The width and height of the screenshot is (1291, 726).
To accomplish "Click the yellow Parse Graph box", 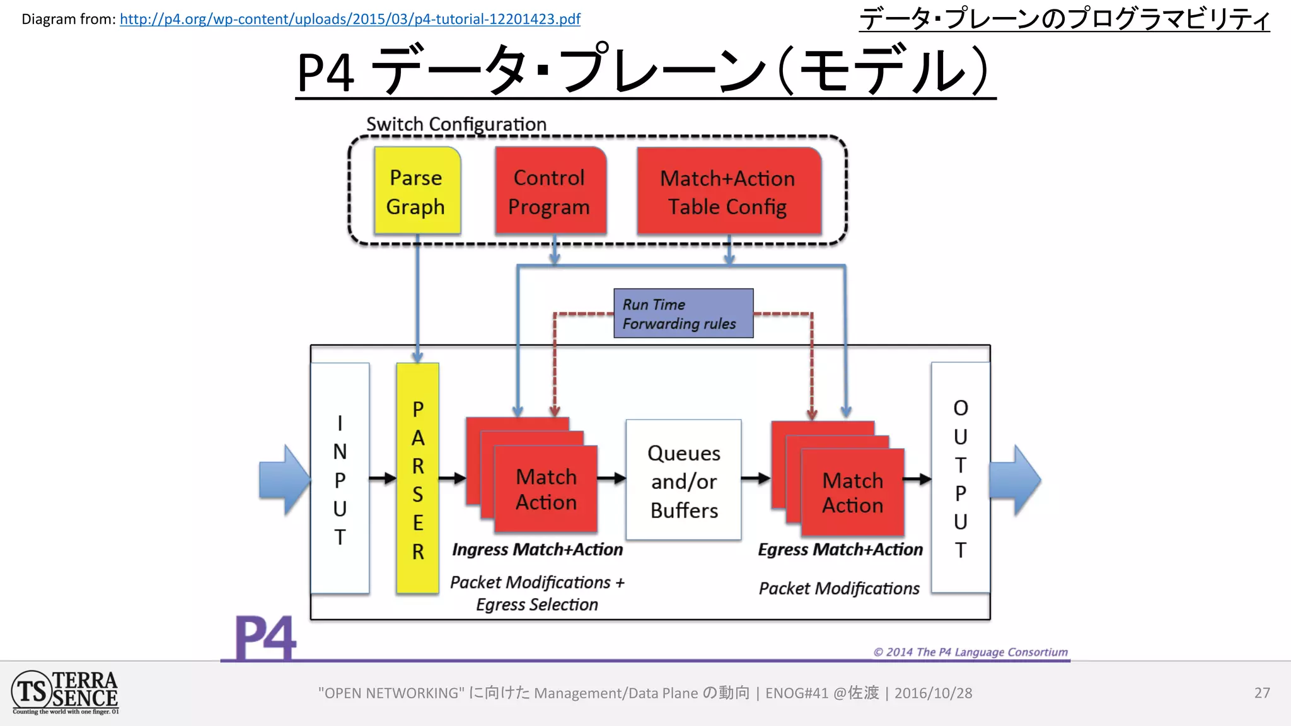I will coord(417,191).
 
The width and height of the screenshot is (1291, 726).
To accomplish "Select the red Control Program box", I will coord(550,191).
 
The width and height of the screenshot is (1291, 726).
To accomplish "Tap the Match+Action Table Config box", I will coord(728,192).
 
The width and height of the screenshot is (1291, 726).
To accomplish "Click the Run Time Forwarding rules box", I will coord(683,313).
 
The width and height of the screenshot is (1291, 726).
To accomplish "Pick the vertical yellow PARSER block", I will coord(417,479).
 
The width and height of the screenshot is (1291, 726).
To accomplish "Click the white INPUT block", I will coord(340,479).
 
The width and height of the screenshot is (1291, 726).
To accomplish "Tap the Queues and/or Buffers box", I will coord(683,480).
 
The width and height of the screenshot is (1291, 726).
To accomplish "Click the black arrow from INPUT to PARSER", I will coord(382,479).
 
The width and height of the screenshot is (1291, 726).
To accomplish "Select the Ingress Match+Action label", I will coord(537,550).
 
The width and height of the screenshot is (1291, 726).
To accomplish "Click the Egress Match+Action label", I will coord(840,550).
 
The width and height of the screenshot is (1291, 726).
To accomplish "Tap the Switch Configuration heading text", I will coord(456,124).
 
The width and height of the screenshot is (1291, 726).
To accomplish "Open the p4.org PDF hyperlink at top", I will coord(350,19).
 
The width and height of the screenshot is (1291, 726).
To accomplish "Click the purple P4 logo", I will coord(265,638).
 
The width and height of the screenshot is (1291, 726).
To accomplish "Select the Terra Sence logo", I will coord(65,693).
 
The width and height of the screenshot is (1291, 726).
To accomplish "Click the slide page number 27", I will coord(1261,693).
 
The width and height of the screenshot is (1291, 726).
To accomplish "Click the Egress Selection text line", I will coord(537,605).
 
